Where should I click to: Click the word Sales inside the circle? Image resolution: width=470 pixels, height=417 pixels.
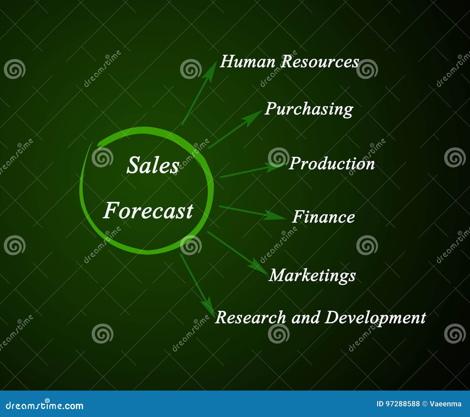pos(153,165)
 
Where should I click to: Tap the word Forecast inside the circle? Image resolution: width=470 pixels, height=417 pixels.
pos(148,211)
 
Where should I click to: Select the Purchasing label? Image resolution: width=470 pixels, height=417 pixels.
pos(309,109)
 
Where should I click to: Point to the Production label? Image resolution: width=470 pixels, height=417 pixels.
pos(332,163)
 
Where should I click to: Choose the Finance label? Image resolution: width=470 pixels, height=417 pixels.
pos(323,217)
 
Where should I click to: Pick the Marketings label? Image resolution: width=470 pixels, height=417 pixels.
pos(312,275)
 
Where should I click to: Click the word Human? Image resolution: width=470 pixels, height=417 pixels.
pos(248,62)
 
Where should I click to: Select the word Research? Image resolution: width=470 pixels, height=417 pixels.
pos(250,318)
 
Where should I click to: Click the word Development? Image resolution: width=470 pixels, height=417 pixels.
pos(375,318)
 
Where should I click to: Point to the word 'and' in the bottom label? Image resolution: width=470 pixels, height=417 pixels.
pos(305,318)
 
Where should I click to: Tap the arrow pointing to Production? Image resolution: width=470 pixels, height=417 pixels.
pos(250,171)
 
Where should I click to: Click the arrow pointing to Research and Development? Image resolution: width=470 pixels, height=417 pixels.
pos(197,283)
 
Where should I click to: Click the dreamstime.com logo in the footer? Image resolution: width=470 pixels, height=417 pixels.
pos(45,406)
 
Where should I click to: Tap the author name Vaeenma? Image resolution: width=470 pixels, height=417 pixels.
pos(445,404)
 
